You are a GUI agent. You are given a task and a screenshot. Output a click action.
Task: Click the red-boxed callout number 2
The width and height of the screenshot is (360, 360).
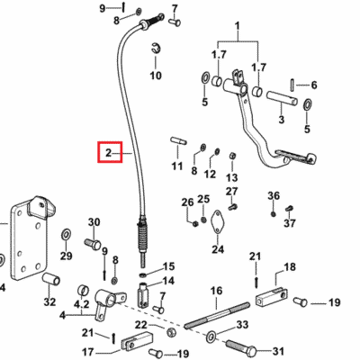(x=108, y=153)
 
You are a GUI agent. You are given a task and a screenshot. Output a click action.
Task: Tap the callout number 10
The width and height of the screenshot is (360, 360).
(x=156, y=76)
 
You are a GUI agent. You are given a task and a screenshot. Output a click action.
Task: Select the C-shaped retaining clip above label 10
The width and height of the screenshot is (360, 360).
(x=156, y=48)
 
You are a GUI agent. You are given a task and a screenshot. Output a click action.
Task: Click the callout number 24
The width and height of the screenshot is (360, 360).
(x=218, y=249)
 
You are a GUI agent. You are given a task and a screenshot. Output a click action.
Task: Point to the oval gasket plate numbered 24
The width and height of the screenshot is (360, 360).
(x=218, y=221)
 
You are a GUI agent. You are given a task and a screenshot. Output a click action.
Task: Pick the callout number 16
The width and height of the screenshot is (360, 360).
(x=216, y=291)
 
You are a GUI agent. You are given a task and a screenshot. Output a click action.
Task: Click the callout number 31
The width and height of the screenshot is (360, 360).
(x=278, y=351)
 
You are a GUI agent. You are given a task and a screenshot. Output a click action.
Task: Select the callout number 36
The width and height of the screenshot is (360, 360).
(x=274, y=196)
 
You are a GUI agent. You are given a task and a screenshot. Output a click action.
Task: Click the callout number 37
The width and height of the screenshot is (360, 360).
(x=290, y=223)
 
